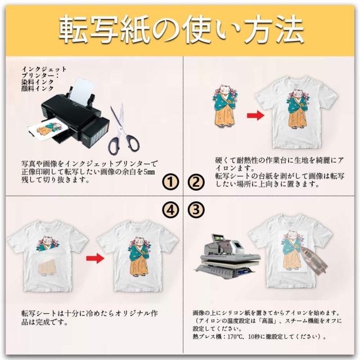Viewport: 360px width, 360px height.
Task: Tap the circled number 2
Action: tap(195, 181)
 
